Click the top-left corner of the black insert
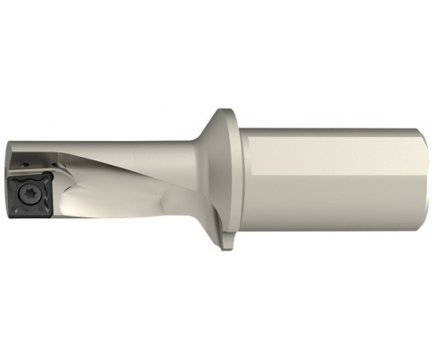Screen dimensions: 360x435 12,178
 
